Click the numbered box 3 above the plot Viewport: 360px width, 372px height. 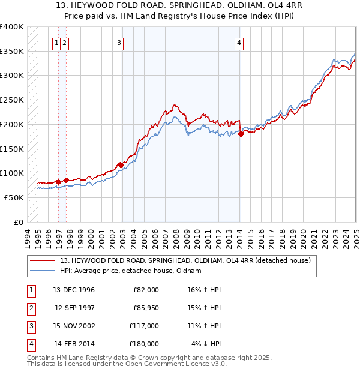tap(119, 43)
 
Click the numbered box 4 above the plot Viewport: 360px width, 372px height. tap(239, 43)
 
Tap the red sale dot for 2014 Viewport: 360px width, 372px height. tap(241, 134)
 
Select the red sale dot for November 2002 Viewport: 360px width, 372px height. tap(120, 164)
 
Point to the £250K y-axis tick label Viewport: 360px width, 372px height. tap(12, 100)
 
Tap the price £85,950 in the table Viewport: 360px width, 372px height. tap(146, 308)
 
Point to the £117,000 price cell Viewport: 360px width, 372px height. tap(146, 326)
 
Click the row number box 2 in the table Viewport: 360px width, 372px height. tap(30, 308)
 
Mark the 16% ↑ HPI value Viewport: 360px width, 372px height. tap(205, 290)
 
